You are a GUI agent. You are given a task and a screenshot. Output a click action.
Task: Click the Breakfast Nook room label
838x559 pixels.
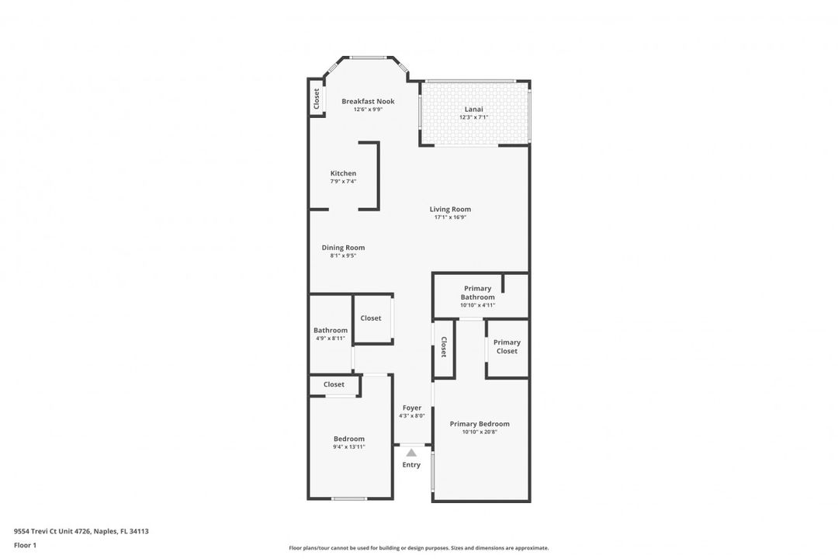(x=368, y=102)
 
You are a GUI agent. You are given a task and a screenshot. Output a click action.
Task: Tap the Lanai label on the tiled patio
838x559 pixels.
(x=473, y=109)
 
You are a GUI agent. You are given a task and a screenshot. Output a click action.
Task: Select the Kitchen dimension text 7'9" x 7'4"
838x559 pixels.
(x=343, y=182)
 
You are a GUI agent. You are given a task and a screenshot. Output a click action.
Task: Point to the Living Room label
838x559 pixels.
(x=450, y=209)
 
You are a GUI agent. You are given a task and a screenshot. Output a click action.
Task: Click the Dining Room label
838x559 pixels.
(x=343, y=248)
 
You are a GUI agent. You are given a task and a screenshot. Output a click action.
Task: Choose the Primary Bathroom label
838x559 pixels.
(x=477, y=293)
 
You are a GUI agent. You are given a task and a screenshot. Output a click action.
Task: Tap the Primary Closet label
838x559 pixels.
(x=507, y=347)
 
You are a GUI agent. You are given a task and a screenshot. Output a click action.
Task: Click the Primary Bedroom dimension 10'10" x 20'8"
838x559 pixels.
(x=480, y=432)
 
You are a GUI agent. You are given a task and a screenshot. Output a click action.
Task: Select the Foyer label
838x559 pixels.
(x=412, y=408)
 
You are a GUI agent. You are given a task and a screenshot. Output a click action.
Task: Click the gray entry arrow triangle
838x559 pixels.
(x=411, y=453)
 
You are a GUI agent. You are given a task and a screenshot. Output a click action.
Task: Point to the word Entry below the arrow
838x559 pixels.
(x=411, y=465)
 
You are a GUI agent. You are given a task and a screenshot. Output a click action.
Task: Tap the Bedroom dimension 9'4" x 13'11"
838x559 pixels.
(x=348, y=446)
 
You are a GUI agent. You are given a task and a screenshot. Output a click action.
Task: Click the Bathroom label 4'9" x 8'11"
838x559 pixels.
(x=331, y=334)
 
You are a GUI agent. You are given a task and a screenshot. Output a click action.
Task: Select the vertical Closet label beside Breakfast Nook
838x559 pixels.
(x=317, y=99)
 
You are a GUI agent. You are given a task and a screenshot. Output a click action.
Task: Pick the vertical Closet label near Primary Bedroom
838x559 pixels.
(x=444, y=347)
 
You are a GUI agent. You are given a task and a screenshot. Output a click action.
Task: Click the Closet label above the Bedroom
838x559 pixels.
(x=334, y=384)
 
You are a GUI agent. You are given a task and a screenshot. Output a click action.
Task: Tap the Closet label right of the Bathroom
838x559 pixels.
(x=371, y=318)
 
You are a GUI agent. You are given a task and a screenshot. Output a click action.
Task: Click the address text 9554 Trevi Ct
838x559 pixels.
(x=81, y=532)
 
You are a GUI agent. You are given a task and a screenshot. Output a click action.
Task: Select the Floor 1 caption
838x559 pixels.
(x=25, y=545)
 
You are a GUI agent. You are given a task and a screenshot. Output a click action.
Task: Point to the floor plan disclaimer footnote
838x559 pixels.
(x=418, y=548)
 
